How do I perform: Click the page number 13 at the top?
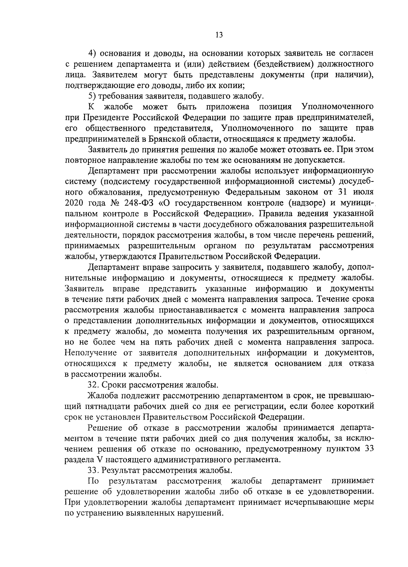219,35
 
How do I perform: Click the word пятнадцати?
105,406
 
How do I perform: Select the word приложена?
227,107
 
